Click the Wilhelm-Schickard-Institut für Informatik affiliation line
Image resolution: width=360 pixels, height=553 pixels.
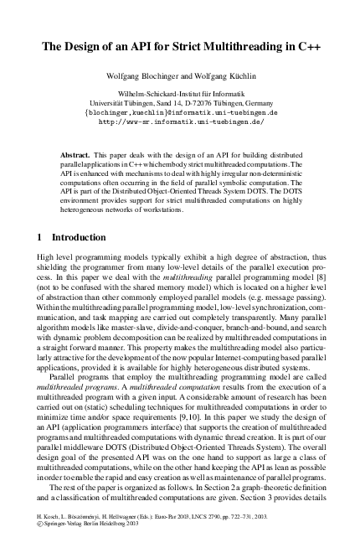(x=180, y=93)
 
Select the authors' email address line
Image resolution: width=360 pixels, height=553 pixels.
(x=180, y=111)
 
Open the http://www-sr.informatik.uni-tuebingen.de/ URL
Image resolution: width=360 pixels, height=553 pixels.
(x=180, y=121)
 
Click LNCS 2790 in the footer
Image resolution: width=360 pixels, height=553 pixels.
(x=227, y=532)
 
